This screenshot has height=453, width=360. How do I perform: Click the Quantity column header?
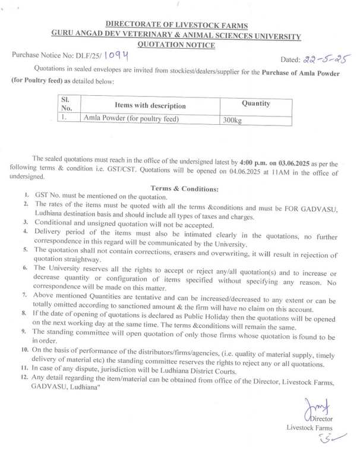(x=255, y=103)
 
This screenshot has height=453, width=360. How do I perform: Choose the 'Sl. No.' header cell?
(x=67, y=105)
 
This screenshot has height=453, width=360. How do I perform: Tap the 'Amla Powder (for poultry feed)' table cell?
(x=131, y=119)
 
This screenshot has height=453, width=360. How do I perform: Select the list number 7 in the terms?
(x=24, y=294)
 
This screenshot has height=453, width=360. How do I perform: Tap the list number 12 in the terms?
(x=24, y=377)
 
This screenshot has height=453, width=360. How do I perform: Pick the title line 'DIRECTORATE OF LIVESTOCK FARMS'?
(x=176, y=26)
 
